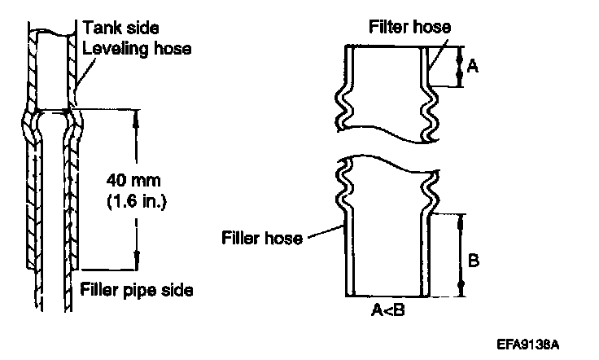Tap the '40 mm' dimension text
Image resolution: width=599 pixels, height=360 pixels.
tap(134, 177)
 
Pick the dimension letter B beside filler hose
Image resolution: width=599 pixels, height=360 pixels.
tap(477, 262)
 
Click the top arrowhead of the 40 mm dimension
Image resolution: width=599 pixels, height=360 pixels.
tap(135, 114)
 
